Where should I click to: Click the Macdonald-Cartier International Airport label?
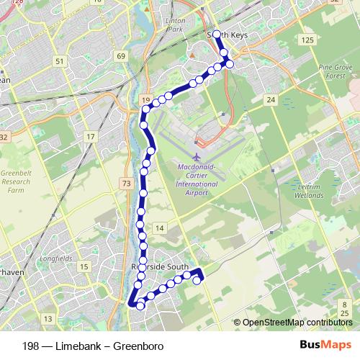click(x=197, y=175)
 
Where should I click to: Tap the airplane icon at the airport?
click(x=197, y=156)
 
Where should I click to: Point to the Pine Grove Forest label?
click(x=333, y=71)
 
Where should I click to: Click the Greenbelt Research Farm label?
click(x=15, y=178)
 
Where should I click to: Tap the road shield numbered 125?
click(x=307, y=40)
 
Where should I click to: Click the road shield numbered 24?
click(x=270, y=99)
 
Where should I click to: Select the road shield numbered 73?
click(x=127, y=184)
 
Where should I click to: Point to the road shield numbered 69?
click(x=120, y=56)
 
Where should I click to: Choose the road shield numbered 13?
click(x=48, y=318)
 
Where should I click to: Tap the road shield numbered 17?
click(x=90, y=136)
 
